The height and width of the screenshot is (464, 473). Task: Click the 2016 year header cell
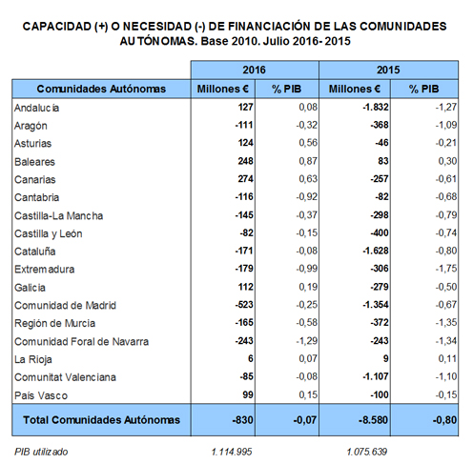click(255, 70)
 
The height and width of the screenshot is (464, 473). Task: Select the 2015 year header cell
click(388, 70)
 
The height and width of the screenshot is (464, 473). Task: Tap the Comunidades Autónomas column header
click(101, 89)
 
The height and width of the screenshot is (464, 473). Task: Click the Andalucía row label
click(36, 108)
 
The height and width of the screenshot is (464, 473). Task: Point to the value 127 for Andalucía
click(246, 107)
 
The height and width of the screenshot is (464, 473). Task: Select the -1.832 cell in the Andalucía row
click(376, 107)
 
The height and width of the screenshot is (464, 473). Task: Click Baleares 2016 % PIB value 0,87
click(308, 161)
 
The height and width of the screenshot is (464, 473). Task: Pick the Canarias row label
click(35, 180)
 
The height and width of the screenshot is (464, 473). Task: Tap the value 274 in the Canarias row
click(246, 179)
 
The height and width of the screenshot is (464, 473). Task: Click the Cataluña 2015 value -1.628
click(376, 251)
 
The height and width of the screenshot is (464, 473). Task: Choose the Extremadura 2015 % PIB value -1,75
click(446, 269)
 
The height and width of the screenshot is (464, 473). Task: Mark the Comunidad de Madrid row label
click(65, 306)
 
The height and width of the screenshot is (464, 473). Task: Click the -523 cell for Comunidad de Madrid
click(244, 305)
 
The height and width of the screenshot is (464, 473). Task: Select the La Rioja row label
click(33, 359)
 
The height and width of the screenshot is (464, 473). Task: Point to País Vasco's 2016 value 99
click(248, 394)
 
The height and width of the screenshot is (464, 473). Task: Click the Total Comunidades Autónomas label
click(101, 420)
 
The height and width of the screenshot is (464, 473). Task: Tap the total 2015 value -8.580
click(373, 420)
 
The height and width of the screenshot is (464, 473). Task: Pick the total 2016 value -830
click(242, 420)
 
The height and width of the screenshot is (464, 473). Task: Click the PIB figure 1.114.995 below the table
click(232, 452)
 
